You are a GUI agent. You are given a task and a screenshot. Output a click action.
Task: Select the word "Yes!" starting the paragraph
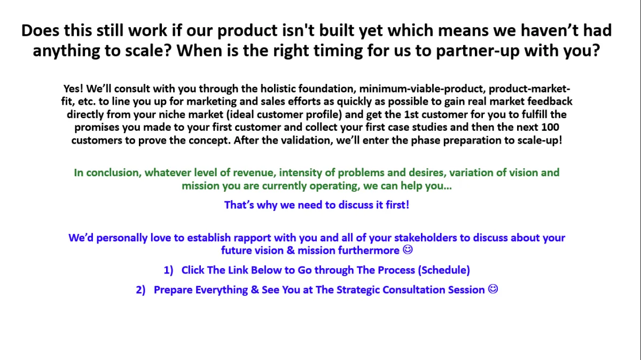pyautogui.click(x=73, y=89)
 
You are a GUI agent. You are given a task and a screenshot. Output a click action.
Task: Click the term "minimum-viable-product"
pyautogui.click(x=423, y=89)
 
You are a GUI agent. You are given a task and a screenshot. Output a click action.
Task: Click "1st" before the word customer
pyautogui.click(x=411, y=114)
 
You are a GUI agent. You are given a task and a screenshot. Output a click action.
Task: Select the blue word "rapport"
pyautogui.click(x=252, y=238)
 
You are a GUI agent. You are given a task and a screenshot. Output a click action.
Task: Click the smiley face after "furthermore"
pyautogui.click(x=408, y=249)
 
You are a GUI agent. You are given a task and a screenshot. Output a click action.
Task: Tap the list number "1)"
pyautogui.click(x=169, y=270)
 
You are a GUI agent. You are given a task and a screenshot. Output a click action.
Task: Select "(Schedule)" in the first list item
pyautogui.click(x=444, y=270)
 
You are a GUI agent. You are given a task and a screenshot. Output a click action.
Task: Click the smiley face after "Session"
pyautogui.click(x=493, y=289)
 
